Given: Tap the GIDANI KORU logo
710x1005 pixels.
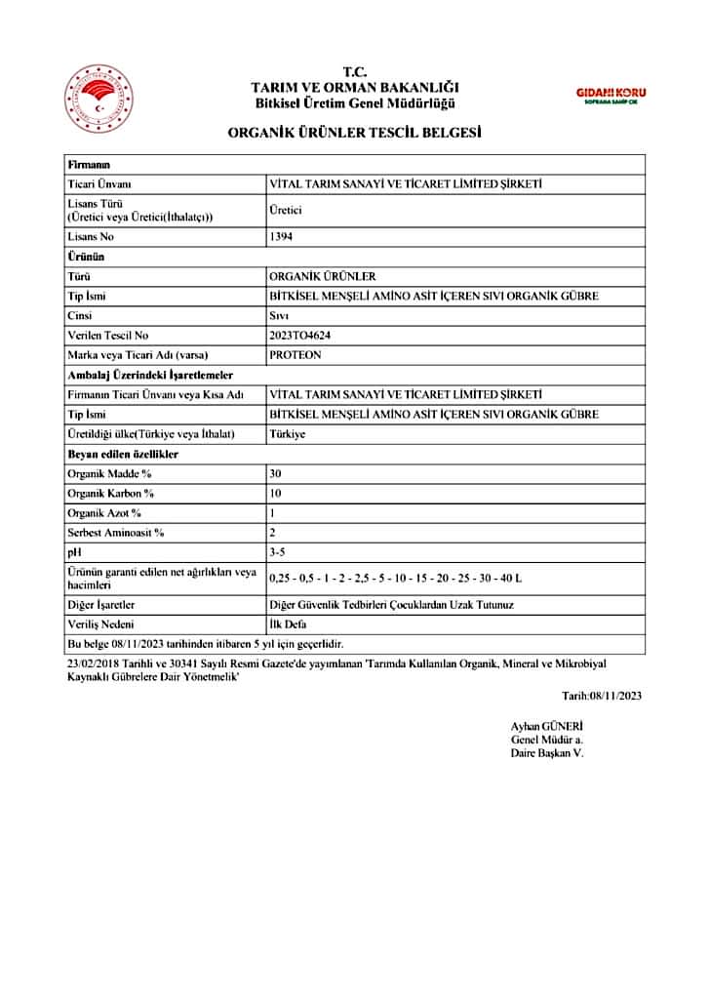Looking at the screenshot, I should [611, 95].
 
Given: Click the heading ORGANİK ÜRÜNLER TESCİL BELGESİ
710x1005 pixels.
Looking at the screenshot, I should [354, 133].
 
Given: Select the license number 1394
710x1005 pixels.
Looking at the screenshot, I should [281, 236].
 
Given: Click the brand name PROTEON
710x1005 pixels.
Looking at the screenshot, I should [295, 355].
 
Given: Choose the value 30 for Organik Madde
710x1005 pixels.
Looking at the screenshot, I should [275, 473].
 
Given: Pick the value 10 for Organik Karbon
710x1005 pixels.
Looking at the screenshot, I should [275, 493].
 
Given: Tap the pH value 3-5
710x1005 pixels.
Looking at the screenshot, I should [277, 552].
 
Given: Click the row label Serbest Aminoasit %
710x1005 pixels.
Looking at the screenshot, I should [116, 533].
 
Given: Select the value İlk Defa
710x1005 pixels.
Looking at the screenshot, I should [288, 624].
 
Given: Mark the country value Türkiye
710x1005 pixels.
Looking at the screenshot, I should [287, 433].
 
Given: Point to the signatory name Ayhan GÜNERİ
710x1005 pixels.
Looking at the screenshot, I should [546, 726].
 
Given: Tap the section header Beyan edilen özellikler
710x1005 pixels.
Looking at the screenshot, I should [123, 454].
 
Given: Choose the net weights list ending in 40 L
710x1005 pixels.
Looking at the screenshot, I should [395, 578].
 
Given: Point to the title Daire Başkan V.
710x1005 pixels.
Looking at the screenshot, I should [547, 753].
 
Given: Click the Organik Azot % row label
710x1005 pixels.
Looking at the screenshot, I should [104, 512].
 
